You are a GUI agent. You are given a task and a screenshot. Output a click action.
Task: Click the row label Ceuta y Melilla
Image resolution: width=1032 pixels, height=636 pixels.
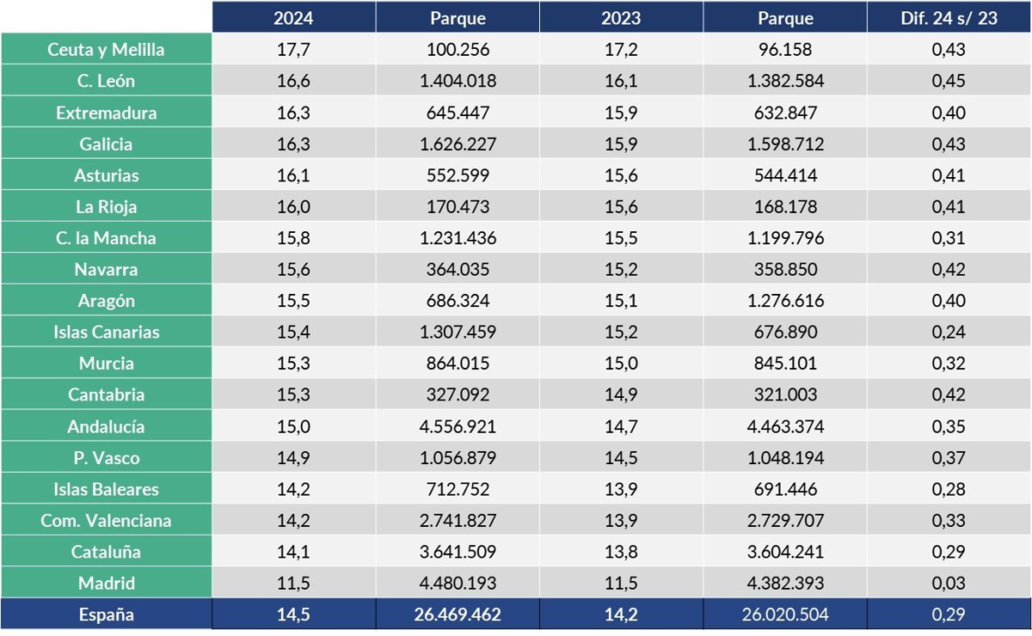coord(106,50)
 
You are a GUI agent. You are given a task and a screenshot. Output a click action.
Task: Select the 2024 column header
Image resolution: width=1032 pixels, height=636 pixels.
coord(293,18)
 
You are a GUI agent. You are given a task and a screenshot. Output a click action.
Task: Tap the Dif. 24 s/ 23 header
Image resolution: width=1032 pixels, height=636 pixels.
coord(949,18)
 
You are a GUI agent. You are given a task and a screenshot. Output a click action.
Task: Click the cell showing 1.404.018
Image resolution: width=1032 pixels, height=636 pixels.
coord(457,82)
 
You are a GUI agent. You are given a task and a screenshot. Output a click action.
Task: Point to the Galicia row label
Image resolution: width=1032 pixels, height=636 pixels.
coord(106,144)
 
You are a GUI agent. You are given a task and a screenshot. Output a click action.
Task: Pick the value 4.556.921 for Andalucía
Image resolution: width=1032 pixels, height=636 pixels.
coord(457,426)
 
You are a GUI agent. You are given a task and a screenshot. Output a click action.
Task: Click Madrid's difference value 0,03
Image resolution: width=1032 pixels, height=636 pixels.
coord(949,583)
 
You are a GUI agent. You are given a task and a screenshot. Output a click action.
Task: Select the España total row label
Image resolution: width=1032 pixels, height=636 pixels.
coord(106,615)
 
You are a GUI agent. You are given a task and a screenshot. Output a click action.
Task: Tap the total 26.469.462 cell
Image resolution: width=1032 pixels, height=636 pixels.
coord(457,615)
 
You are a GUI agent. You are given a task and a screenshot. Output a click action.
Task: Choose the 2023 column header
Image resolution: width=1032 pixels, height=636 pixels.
coord(621,18)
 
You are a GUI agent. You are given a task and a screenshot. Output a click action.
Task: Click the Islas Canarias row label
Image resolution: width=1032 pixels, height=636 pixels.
coord(106,332)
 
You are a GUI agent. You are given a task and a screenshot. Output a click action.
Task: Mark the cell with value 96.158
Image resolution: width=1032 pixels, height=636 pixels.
coord(784,50)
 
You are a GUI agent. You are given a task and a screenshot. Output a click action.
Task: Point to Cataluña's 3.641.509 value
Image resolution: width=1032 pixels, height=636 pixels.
coord(457,552)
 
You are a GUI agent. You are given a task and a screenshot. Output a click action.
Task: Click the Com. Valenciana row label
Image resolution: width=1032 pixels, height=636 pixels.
coord(106,521)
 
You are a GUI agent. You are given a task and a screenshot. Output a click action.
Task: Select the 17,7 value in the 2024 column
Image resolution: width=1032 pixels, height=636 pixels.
coord(293,50)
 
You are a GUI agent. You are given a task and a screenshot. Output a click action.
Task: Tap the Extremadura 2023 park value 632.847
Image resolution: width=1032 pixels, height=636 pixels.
coord(784,113)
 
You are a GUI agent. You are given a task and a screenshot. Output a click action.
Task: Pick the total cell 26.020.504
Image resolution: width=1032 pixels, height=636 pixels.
coord(784,615)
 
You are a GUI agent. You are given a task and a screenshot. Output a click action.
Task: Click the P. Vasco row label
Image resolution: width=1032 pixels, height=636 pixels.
coord(106,458)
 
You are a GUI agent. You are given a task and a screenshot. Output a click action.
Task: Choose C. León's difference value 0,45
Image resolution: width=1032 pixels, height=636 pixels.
coord(949,82)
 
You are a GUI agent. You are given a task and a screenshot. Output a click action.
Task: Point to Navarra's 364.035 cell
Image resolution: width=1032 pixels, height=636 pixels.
coord(457,270)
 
